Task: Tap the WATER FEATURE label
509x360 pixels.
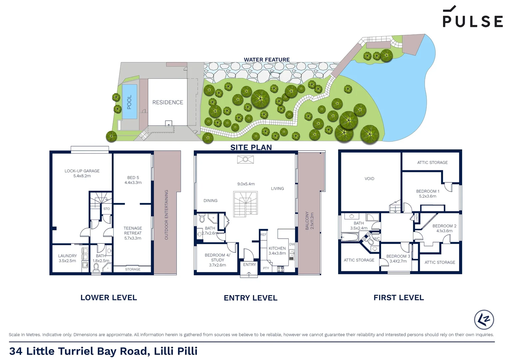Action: pyautogui.click(x=266, y=60)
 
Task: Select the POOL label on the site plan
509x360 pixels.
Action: pyautogui.click(x=129, y=102)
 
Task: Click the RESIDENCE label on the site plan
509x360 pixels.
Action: pyautogui.click(x=168, y=102)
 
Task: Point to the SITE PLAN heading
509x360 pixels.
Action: pyautogui.click(x=251, y=147)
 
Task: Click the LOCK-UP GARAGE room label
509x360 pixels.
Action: pyautogui.click(x=82, y=171)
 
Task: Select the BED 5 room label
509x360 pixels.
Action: pyautogui.click(x=133, y=178)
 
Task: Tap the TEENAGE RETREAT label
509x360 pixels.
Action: pyautogui.click(x=133, y=231)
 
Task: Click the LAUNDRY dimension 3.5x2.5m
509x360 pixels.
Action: pyautogui.click(x=67, y=261)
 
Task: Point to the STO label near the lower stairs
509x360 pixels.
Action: pyautogui.click(x=106, y=209)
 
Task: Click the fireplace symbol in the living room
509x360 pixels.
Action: pyautogui.click(x=246, y=160)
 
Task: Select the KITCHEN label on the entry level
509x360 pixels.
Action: pyautogui.click(x=277, y=248)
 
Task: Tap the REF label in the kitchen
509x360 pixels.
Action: pyautogui.click(x=263, y=235)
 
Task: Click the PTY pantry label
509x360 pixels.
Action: pyautogui.click(x=266, y=268)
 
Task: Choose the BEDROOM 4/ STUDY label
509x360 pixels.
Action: pyautogui.click(x=217, y=257)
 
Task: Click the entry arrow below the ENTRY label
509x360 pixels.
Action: pyautogui.click(x=249, y=274)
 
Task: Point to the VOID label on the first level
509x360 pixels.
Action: pyautogui.click(x=369, y=179)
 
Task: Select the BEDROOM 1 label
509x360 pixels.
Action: pyautogui.click(x=427, y=191)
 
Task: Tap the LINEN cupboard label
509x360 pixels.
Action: pyautogui.click(x=417, y=218)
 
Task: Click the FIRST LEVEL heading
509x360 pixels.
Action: pyautogui.click(x=398, y=298)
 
